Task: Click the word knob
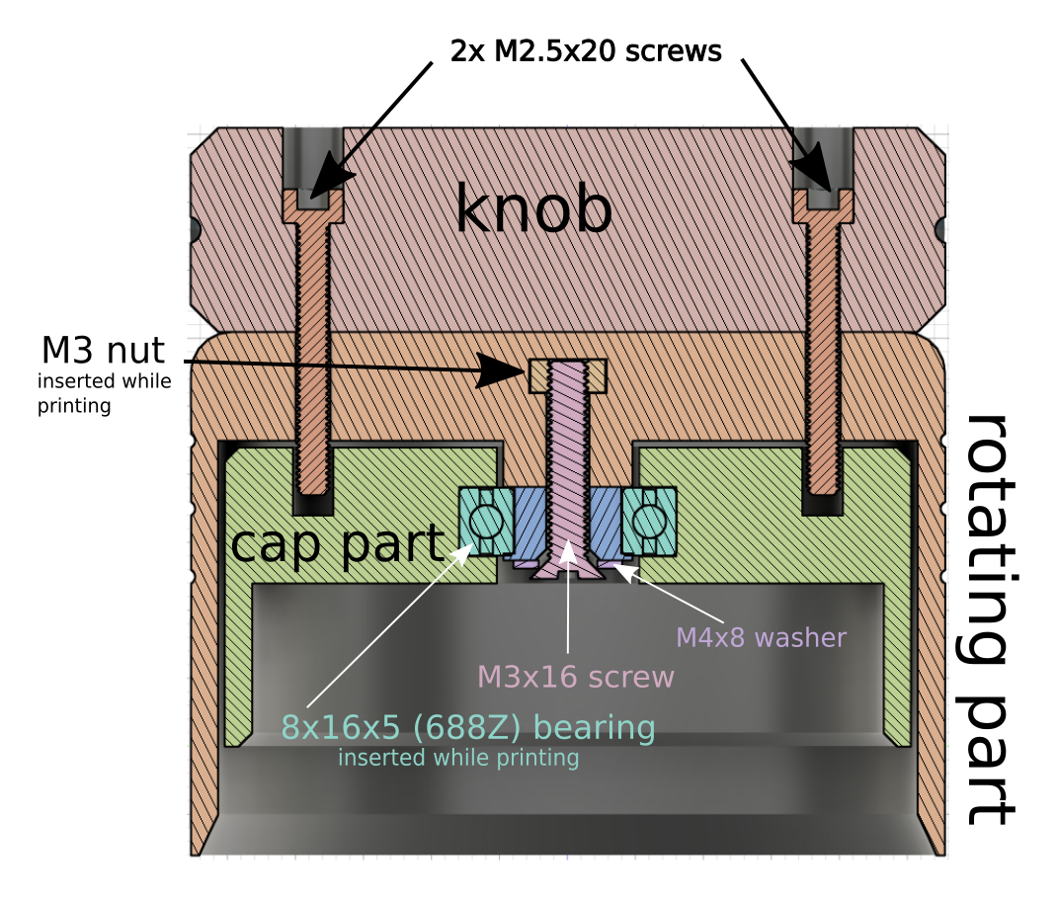[x=533, y=210]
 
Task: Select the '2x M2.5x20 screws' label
[x=585, y=51]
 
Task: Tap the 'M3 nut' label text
[x=103, y=350]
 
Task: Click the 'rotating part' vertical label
[x=988, y=618]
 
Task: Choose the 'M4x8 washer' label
[x=761, y=638]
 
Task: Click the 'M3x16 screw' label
[x=575, y=677]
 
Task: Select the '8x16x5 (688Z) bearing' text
[x=468, y=728]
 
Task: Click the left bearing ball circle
[x=485, y=520]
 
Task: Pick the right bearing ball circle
[x=650, y=520]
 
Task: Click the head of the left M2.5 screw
[x=313, y=204]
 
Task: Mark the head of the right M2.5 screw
[x=824, y=204]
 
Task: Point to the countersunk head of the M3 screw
[x=566, y=567]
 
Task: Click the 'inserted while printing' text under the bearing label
[x=457, y=759]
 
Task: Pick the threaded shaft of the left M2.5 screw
[x=313, y=346]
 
